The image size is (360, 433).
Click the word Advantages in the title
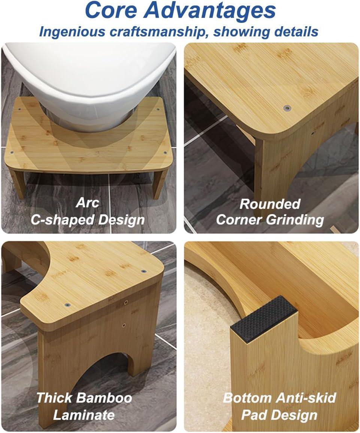[210, 11]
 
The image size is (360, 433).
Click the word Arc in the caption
[87, 203]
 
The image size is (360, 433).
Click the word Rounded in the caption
[270, 204]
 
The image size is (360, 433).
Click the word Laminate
[84, 415]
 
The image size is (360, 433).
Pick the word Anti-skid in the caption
[307, 398]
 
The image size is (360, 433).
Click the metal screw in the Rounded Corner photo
[287, 108]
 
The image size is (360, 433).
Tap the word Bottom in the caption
[248, 398]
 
